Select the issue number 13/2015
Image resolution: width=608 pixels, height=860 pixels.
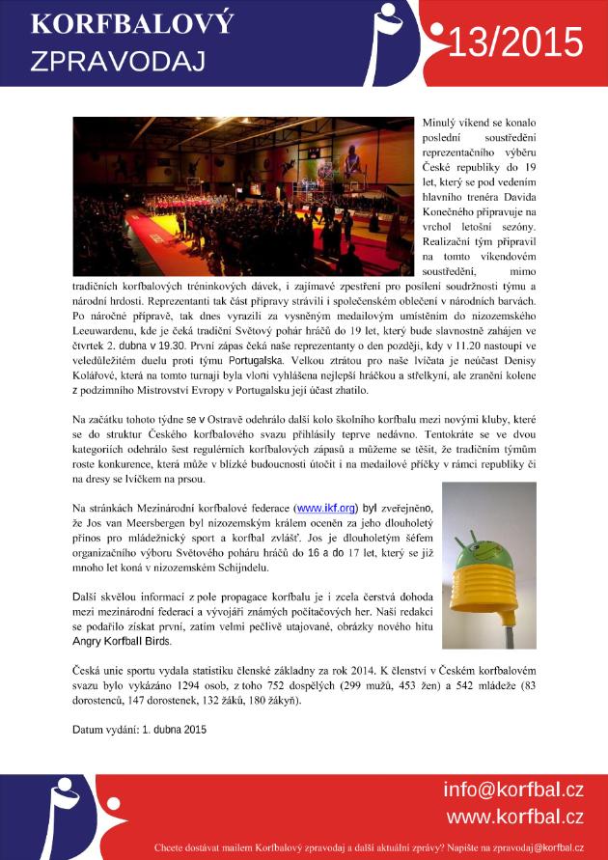(x=516, y=42)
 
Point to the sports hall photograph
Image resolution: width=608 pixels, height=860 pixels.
(x=243, y=197)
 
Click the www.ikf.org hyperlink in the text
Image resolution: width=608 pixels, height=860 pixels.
(x=326, y=507)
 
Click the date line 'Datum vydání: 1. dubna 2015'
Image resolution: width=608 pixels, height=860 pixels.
(x=140, y=730)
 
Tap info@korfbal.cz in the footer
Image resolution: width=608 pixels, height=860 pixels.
(x=513, y=790)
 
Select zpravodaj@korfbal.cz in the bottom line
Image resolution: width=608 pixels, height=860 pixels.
(x=532, y=847)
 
